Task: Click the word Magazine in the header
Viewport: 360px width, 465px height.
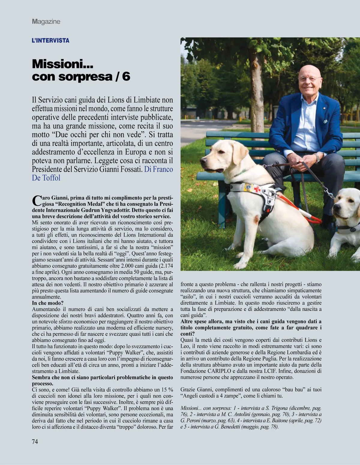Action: pyautogui.click(x=46, y=22)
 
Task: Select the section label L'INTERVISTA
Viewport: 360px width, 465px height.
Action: pyautogui.click(x=50, y=40)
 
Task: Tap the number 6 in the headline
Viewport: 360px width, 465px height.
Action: pyautogui.click(x=126, y=76)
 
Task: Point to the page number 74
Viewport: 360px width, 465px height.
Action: pyautogui.click(x=35, y=441)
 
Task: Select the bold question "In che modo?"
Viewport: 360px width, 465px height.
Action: pyautogui.click(x=48, y=303)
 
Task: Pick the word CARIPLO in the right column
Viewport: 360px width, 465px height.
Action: pyautogui.click(x=215, y=371)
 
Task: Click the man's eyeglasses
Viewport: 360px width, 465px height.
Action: pyautogui.click(x=309, y=79)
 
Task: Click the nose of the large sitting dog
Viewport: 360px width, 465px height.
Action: pyautogui.click(x=203, y=160)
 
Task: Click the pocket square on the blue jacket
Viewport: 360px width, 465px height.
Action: pyautogui.click(x=325, y=122)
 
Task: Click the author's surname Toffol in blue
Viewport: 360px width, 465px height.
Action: pyautogui.click(x=51, y=178)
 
